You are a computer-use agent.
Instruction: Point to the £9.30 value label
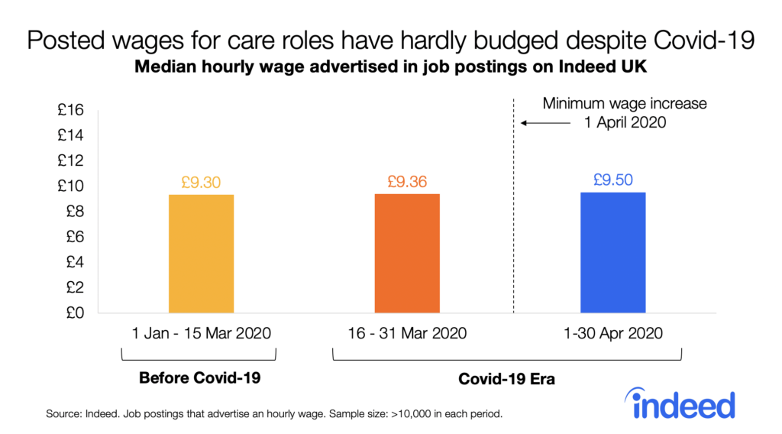[x=201, y=183]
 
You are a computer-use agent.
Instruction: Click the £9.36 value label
[x=407, y=183]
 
